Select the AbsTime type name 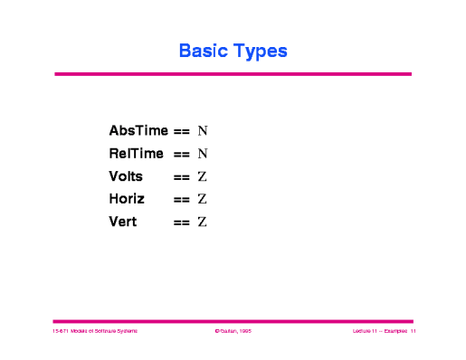coord(138,131)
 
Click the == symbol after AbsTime coord(181,132)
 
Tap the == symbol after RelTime coord(181,155)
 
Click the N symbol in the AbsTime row coord(203,132)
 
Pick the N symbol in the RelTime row coord(203,155)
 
